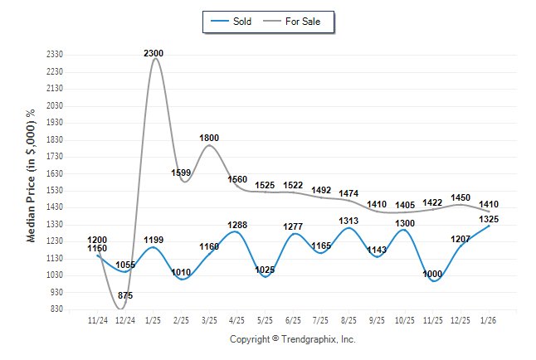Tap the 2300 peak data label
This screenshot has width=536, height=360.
click(153, 53)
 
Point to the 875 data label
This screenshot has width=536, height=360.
click(124, 295)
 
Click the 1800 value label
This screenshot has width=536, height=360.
click(209, 138)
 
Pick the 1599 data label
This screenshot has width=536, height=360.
click(181, 172)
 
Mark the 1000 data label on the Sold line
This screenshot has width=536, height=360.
click(431, 274)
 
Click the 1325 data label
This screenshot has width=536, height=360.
click(489, 219)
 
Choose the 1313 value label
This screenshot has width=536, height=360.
click(348, 220)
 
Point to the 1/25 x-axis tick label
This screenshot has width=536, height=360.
click(153, 319)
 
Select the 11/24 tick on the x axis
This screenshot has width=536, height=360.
click(98, 319)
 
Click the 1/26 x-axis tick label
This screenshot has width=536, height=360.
click(489, 319)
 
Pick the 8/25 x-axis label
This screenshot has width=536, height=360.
click(348, 319)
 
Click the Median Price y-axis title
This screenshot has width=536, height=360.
click(32, 176)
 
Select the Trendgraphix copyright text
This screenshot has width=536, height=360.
click(292, 339)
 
